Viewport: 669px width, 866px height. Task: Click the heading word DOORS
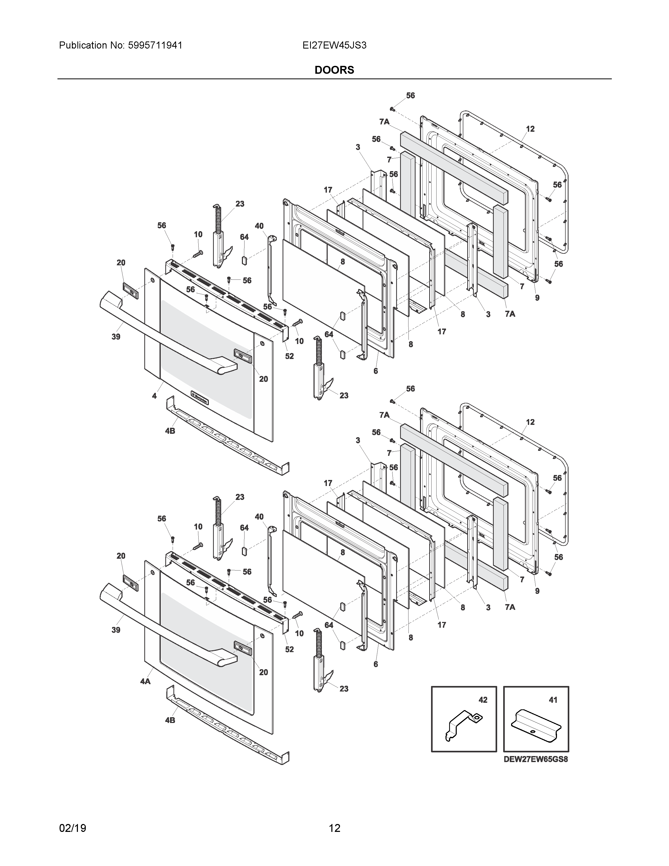[x=334, y=70]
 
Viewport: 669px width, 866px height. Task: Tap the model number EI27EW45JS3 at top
[x=334, y=45]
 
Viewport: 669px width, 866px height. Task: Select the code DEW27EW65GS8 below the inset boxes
[x=535, y=760]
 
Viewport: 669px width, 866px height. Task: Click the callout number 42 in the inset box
[x=483, y=700]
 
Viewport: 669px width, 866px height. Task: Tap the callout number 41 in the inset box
[x=553, y=700]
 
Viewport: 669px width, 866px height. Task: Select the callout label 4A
[x=145, y=681]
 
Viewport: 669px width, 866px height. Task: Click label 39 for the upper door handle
[x=116, y=337]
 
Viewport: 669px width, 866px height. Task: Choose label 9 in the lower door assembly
[x=537, y=591]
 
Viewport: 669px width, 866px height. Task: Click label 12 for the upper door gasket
[x=530, y=129]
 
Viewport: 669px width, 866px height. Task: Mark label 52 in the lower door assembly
[x=289, y=649]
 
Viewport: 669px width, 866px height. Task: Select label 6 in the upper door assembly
[x=375, y=371]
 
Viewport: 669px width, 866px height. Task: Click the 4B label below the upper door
[x=170, y=431]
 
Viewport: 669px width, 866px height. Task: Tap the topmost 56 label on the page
[x=410, y=96]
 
